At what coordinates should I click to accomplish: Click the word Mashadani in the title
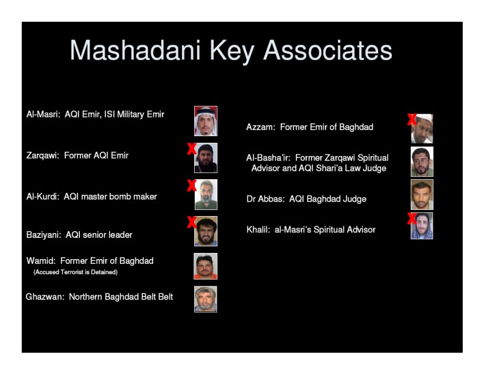[x=135, y=50]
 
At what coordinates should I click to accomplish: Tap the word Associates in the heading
[x=327, y=50]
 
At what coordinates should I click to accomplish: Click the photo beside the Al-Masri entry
[x=206, y=121]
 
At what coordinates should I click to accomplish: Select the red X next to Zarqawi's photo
[x=192, y=148]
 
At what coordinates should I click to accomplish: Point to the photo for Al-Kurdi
[x=206, y=194]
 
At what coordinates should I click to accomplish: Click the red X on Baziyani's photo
[x=192, y=222]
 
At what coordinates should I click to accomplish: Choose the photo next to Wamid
[x=205, y=266]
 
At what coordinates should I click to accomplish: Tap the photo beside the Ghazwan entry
[x=206, y=300]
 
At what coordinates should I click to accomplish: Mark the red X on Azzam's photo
[x=412, y=119]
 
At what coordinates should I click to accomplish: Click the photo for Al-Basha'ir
[x=422, y=162]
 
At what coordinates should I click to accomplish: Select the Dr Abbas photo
[x=422, y=195]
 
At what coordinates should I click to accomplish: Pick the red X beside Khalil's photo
[x=412, y=218]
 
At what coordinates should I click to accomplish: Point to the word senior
[x=93, y=235]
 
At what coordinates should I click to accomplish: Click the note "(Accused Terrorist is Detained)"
[x=76, y=272]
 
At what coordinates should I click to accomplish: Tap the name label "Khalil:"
[x=258, y=229]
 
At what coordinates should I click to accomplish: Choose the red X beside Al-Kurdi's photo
[x=192, y=185]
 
